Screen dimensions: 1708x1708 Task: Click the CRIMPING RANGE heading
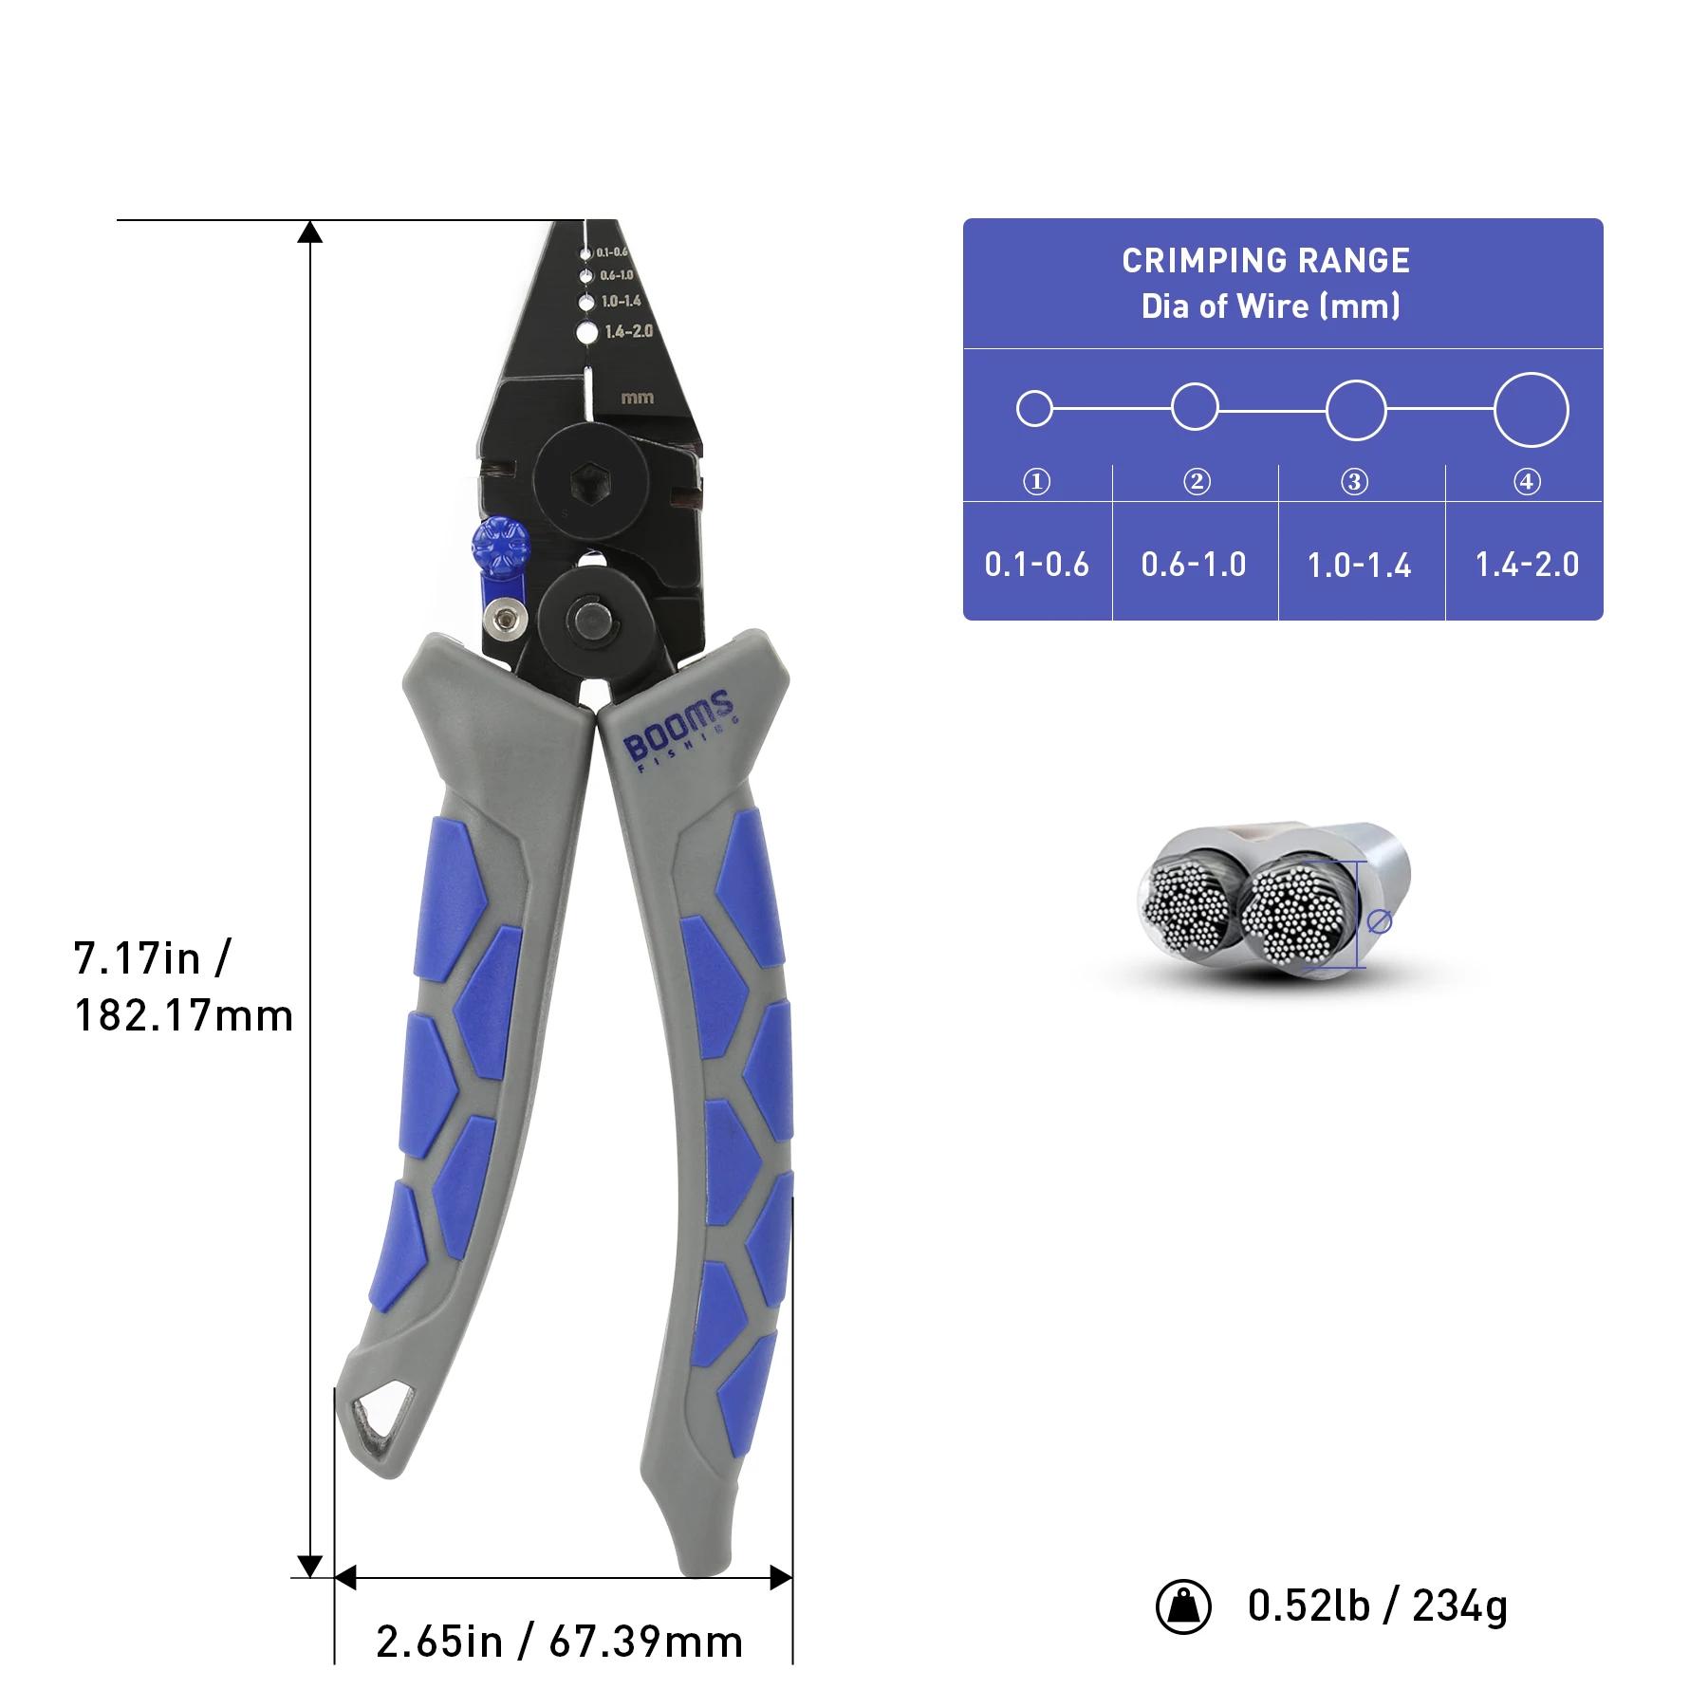click(x=1266, y=261)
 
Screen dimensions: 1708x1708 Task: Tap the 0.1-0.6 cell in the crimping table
click(x=1036, y=565)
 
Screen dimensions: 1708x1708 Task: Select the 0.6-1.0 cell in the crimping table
click(x=1194, y=565)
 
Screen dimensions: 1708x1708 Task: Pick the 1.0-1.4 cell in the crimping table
click(x=1359, y=566)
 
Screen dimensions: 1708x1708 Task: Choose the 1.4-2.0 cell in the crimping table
click(x=1527, y=565)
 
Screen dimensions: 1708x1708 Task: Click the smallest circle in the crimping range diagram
click(x=1034, y=409)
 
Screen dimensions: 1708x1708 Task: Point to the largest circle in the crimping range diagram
click(x=1531, y=410)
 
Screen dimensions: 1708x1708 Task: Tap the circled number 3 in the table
click(x=1354, y=482)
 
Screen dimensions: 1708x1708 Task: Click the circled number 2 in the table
click(x=1197, y=482)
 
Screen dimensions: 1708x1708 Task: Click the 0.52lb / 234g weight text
click(x=1377, y=1606)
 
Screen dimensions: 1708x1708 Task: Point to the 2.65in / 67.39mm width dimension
click(x=559, y=1642)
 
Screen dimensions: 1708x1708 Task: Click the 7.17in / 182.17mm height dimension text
click(x=183, y=987)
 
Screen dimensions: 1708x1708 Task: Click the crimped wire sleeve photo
click(x=1272, y=901)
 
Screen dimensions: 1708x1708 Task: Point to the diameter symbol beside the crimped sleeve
click(x=1379, y=920)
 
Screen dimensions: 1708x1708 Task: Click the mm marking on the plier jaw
click(x=637, y=398)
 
